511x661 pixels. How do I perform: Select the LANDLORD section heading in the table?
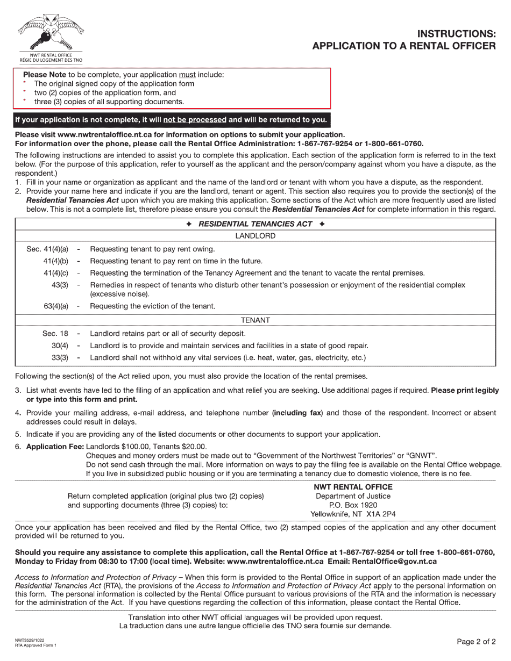(x=256, y=236)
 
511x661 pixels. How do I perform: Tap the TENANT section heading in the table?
(x=256, y=320)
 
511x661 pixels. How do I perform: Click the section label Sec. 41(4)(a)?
(x=47, y=249)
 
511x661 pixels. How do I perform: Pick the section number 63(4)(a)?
(x=56, y=306)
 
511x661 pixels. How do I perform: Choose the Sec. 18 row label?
(x=55, y=334)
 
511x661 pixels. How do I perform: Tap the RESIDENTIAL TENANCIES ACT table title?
(x=256, y=224)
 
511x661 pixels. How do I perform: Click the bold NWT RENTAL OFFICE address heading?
(x=353, y=487)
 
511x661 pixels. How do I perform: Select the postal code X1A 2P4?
(x=379, y=514)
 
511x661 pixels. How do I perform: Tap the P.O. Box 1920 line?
(x=353, y=505)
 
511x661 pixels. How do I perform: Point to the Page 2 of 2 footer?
(x=476, y=642)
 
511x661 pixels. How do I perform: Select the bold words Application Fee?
(x=55, y=447)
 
